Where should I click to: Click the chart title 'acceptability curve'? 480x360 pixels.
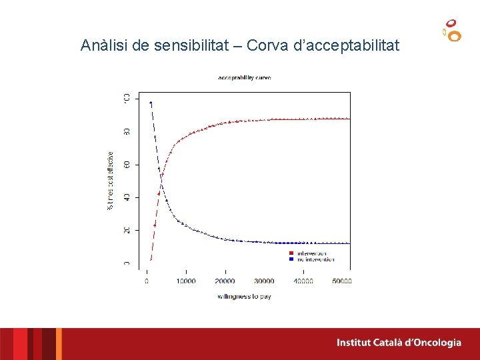click(244, 77)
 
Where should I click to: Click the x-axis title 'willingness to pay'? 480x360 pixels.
click(244, 296)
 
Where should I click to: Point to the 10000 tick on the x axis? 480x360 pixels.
click(185, 281)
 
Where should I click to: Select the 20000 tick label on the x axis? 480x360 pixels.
click(225, 281)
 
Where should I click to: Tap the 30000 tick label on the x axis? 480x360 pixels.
click(264, 281)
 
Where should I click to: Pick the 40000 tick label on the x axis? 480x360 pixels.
click(303, 281)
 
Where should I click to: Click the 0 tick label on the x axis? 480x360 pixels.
click(147, 281)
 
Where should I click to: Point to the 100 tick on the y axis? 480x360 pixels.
click(127, 99)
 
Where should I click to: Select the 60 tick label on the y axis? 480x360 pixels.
click(127, 165)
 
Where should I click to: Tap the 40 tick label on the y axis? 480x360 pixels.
click(127, 197)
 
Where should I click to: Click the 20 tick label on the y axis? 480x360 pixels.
click(127, 230)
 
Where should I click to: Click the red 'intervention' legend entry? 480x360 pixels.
click(311, 253)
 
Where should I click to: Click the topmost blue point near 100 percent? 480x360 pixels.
click(151, 103)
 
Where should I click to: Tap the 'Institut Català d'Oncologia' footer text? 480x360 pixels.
click(399, 343)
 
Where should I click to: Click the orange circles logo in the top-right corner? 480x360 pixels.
click(452, 30)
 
